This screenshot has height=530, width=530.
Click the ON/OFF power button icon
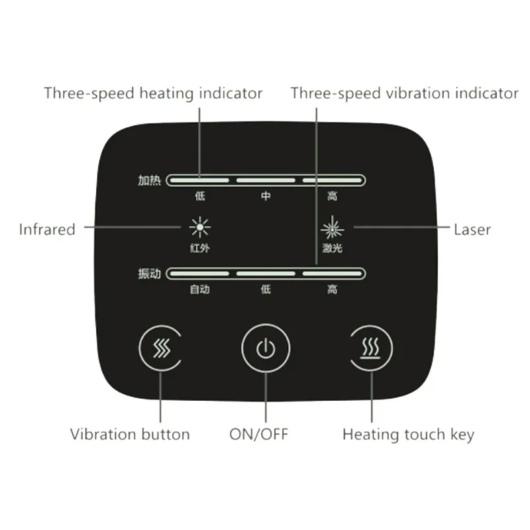[x=265, y=348]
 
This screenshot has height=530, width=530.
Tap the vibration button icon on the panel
[x=160, y=348]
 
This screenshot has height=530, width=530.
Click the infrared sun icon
[x=199, y=228]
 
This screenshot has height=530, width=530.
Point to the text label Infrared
[x=47, y=230]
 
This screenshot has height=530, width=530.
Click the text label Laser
[x=472, y=230]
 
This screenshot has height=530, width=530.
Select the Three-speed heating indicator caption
[x=153, y=93]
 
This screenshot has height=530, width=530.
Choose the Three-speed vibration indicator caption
[x=404, y=93]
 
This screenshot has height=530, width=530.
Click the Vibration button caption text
[x=130, y=435]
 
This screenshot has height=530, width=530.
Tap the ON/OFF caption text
[x=259, y=435]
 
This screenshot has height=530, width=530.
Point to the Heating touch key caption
[x=408, y=435]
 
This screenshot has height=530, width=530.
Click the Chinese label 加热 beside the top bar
[x=150, y=180]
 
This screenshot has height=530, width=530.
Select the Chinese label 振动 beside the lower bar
[x=150, y=273]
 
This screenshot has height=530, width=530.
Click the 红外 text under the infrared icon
[x=199, y=249]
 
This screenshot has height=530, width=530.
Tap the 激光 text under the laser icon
[x=333, y=249]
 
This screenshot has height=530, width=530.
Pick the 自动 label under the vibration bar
[x=199, y=290]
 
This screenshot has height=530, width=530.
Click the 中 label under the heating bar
[x=266, y=197]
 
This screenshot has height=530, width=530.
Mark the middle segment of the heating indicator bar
[x=266, y=180]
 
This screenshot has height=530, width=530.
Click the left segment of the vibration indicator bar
[x=199, y=273]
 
